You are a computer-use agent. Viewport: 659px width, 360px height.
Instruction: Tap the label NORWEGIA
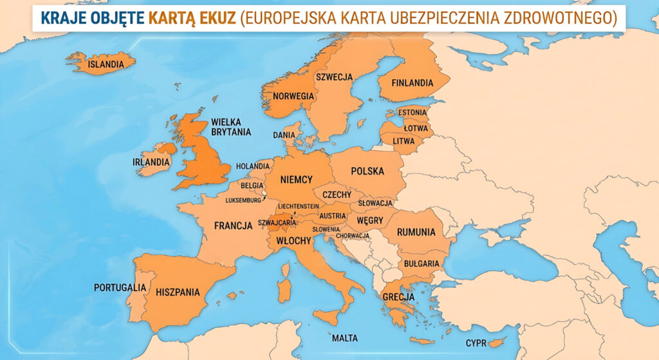click(x=293, y=96)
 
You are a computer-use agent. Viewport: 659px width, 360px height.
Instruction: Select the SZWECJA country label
click(x=334, y=77)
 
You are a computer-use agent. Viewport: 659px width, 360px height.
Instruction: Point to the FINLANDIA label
click(x=413, y=83)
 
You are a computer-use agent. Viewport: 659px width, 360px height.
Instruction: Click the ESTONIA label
click(x=413, y=113)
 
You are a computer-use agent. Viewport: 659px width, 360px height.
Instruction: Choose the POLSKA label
click(x=367, y=171)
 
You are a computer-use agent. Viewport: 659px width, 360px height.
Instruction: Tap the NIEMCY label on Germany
click(x=297, y=180)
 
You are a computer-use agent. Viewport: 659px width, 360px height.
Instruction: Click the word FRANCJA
click(x=233, y=225)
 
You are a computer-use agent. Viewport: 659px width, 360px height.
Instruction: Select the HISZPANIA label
click(x=178, y=292)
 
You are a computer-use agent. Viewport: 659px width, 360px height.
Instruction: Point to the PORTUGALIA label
click(x=120, y=287)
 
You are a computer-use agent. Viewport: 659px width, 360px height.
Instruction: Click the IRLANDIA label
click(x=151, y=162)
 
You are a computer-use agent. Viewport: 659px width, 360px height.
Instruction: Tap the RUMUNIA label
click(x=416, y=232)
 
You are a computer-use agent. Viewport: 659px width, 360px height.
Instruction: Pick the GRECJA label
click(x=398, y=298)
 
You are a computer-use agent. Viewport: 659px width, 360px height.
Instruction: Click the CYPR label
click(x=476, y=343)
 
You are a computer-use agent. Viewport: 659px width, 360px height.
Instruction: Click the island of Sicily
click(x=328, y=316)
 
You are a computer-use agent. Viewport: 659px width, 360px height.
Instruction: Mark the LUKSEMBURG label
click(x=244, y=200)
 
